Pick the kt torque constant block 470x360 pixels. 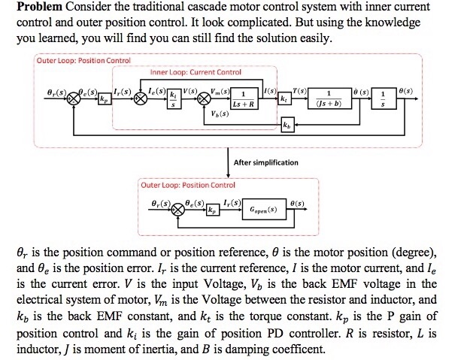pyautogui.click(x=284, y=98)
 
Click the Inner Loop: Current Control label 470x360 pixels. pyautogui.click(x=196, y=72)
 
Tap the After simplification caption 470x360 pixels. pyautogui.click(x=265, y=162)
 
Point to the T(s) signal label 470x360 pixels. pyautogui.click(x=299, y=90)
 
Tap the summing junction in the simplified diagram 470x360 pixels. pyautogui.click(x=179, y=210)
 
